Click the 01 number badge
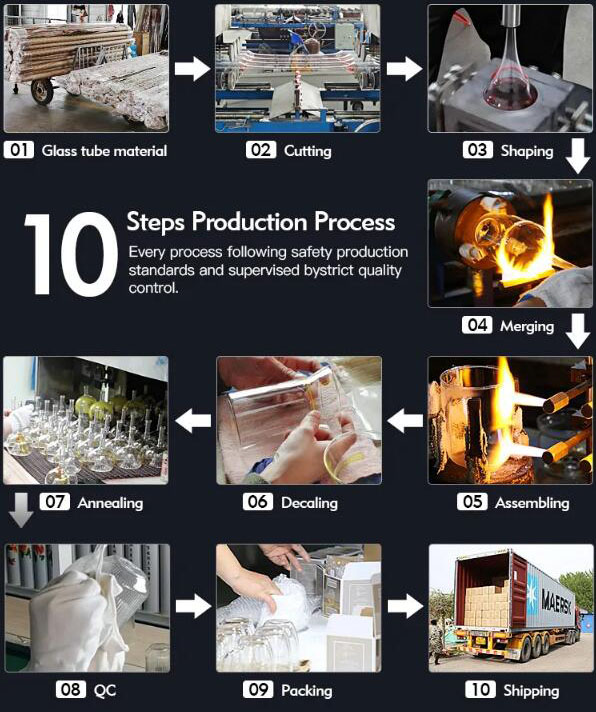(19, 151)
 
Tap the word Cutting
(307, 151)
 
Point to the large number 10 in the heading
(68, 255)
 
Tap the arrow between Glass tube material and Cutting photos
(191, 68)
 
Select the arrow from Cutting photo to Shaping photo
(404, 68)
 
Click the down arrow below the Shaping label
(577, 157)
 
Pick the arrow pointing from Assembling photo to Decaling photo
(404, 421)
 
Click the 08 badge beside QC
(70, 690)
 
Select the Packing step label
(306, 690)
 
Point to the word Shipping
(530, 690)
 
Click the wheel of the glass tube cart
(42, 92)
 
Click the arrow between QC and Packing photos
(191, 606)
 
